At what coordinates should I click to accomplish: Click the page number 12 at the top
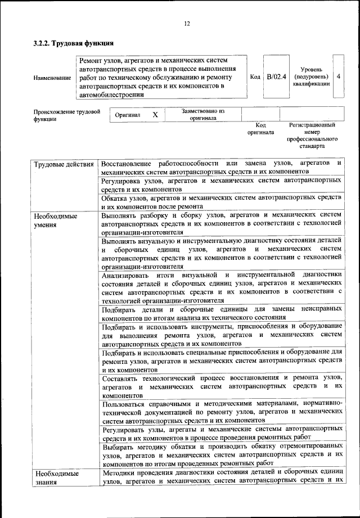point(187,23)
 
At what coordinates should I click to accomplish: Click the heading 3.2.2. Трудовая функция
point(74,43)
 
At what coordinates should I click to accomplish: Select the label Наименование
point(52,78)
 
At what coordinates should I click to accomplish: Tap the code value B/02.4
point(276,76)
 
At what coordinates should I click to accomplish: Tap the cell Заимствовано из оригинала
point(203,115)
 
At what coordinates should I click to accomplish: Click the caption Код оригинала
point(260,129)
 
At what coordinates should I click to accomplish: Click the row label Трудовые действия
point(64,164)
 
